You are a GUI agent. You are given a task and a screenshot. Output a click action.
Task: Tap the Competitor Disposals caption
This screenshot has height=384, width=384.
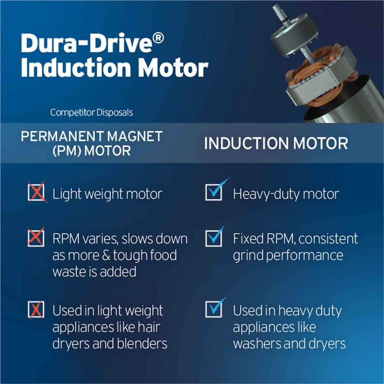click(x=91, y=113)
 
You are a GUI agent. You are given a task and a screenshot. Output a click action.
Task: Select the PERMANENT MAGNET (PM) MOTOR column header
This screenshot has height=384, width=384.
click(x=92, y=143)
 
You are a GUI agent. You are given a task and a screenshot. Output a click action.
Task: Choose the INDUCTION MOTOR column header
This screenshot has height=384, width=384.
click(x=276, y=143)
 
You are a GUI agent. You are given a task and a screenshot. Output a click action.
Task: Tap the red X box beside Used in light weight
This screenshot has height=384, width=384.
click(x=36, y=310)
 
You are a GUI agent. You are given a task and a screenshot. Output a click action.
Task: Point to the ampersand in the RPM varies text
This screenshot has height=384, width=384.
click(x=106, y=255)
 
